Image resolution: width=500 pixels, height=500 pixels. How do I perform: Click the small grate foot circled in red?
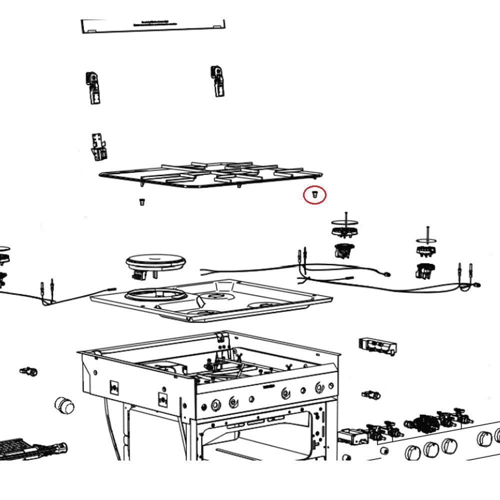[x=315, y=194]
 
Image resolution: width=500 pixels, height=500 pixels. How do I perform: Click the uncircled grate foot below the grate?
[x=141, y=202]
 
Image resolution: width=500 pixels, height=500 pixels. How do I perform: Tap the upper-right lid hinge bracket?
[x=217, y=80]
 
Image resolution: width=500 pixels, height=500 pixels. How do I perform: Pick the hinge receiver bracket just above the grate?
[x=98, y=147]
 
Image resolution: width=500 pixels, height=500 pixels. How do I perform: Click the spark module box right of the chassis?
[x=377, y=346]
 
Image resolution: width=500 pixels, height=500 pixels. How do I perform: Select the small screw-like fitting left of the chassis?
[x=29, y=371]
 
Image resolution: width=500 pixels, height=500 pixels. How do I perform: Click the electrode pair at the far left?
[x=47, y=290]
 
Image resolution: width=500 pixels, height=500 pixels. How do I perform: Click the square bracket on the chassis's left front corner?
[x=114, y=388]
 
